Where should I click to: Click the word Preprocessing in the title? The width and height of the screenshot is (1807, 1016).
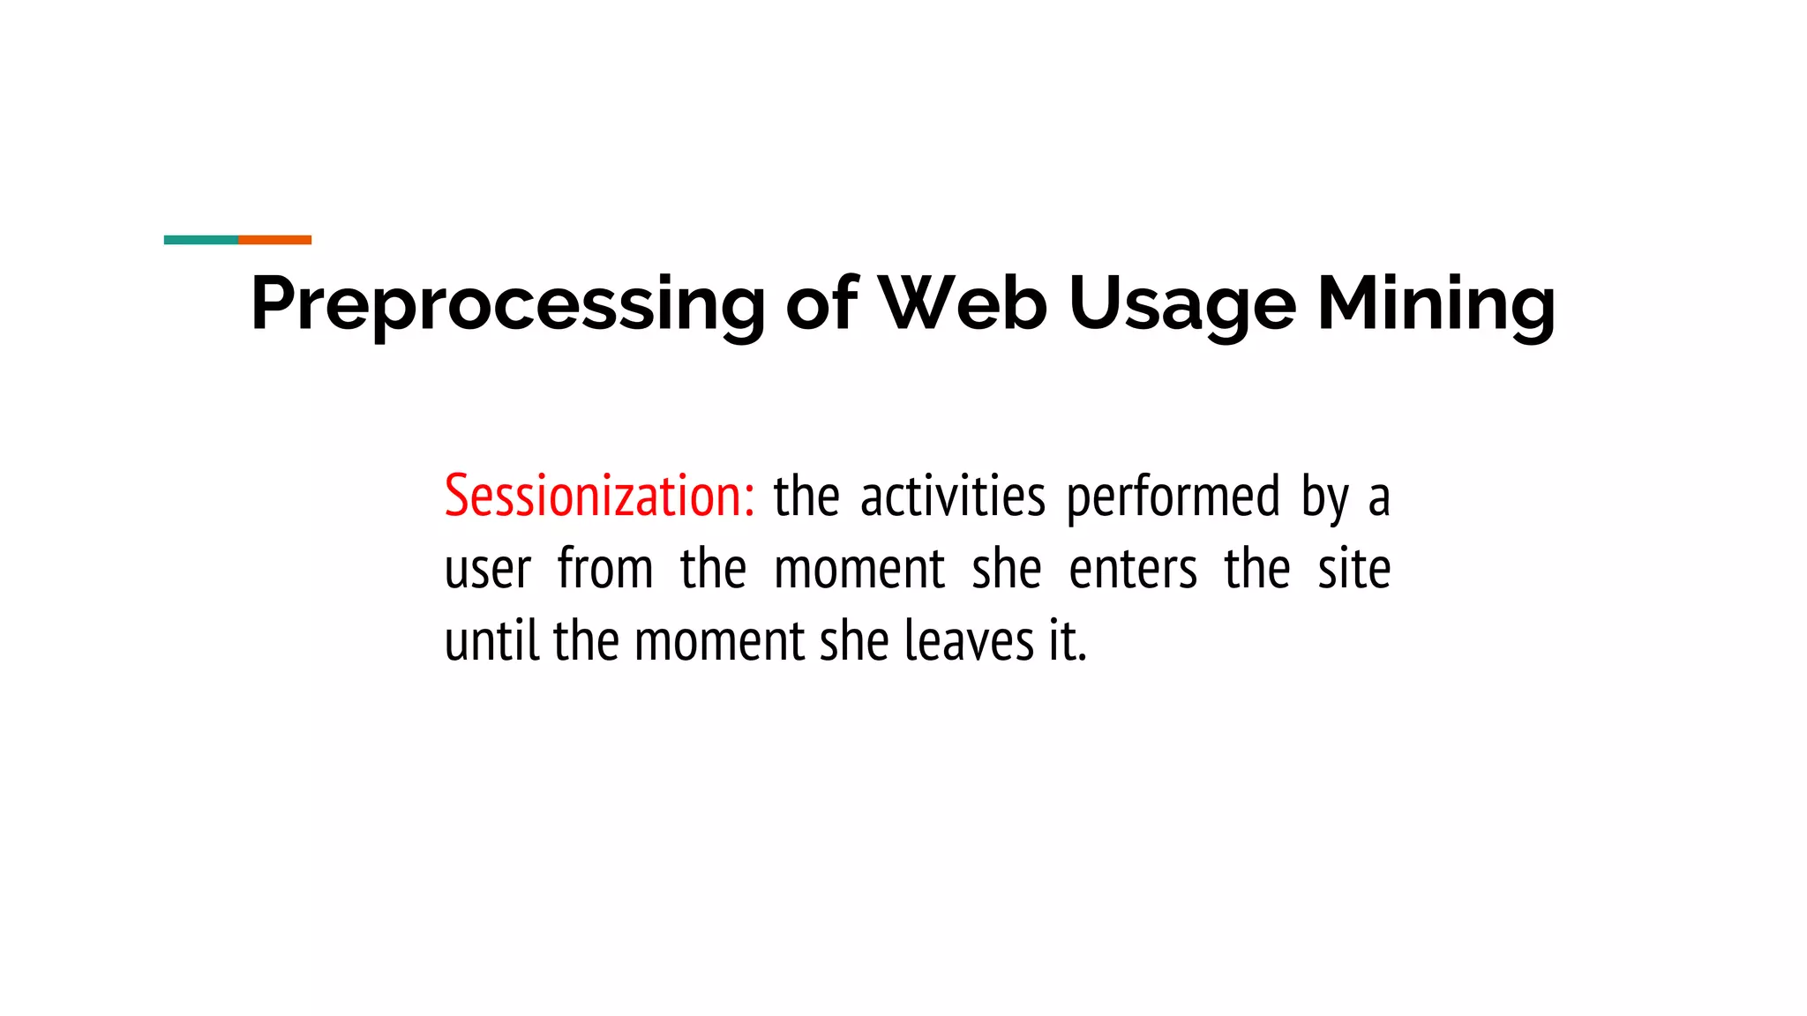507,304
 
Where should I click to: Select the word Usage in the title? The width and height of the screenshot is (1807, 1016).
1181,304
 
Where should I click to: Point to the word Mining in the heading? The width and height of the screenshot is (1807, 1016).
1436,304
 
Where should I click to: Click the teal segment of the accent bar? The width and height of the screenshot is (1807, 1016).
201,240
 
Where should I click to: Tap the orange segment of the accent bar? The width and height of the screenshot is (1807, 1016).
274,240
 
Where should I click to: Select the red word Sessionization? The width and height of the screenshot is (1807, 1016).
593,496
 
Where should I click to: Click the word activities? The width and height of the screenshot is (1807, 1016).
952,496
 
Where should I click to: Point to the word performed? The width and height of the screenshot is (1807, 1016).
1173,497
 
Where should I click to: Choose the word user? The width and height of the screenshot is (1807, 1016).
487,570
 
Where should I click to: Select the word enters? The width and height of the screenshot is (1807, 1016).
1133,570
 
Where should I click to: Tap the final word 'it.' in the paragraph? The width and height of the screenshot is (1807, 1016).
1068,640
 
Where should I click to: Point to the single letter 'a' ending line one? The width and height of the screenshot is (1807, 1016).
1379,499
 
